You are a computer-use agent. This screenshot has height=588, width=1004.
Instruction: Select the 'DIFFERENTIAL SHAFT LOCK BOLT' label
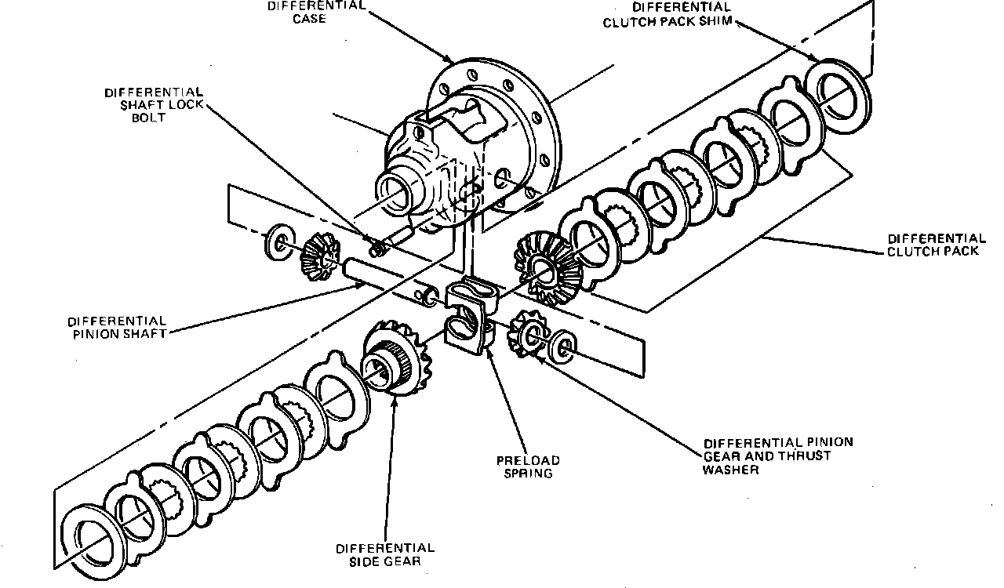click(153, 104)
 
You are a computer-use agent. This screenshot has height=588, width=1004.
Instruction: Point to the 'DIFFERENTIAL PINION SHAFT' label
click(117, 327)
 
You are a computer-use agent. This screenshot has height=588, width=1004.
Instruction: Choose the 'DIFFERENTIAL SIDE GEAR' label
click(384, 555)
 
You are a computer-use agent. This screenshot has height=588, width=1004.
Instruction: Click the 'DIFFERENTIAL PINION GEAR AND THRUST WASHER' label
click(777, 456)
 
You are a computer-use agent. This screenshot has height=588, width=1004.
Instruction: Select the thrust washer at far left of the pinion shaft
click(279, 242)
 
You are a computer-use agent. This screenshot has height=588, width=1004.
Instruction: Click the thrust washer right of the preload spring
click(562, 347)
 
